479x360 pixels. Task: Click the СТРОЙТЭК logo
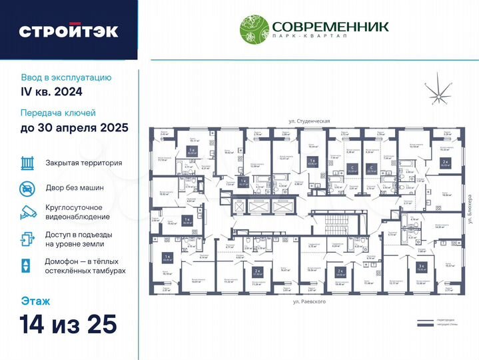69,31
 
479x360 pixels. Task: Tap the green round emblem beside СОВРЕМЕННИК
254,29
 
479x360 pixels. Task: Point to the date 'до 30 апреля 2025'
74,127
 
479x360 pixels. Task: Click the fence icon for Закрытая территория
27,163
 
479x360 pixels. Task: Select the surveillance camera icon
27,213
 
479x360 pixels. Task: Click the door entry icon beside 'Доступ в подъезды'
27,239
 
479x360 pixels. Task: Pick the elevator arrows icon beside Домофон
26,265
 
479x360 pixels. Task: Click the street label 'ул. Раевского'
310,303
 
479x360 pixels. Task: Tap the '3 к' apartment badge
420,266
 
